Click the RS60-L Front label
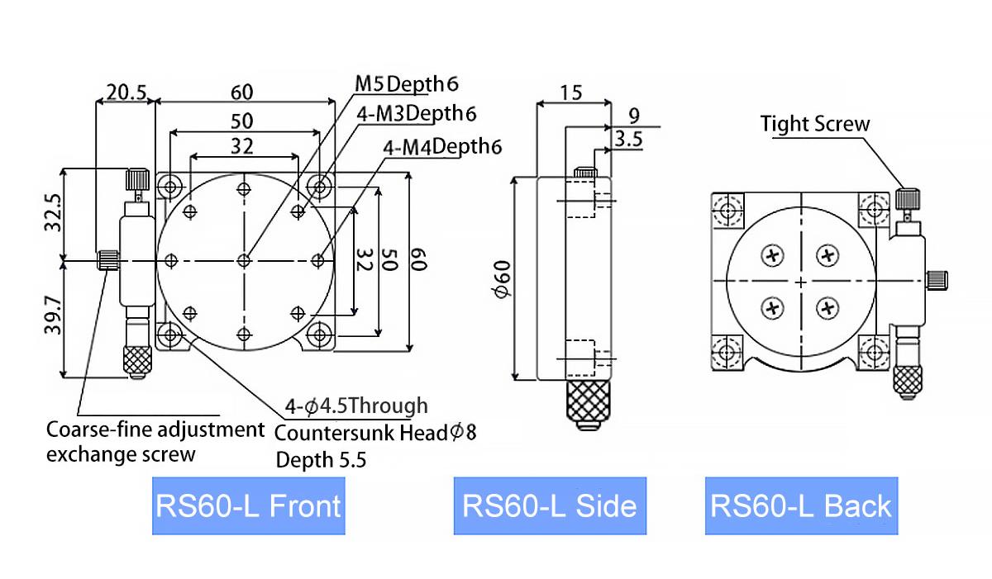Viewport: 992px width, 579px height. pyautogui.click(x=248, y=505)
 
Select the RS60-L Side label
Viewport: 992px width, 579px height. pyautogui.click(x=550, y=505)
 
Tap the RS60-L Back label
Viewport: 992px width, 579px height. pyautogui.click(x=801, y=505)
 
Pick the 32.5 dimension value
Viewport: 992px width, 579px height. pyautogui.click(x=53, y=214)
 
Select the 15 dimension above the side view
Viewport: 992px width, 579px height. pyautogui.click(x=571, y=91)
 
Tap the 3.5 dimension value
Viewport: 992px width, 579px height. pyautogui.click(x=629, y=140)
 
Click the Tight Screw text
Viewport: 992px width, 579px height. pyautogui.click(x=815, y=125)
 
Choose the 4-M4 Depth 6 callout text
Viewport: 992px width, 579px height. pyautogui.click(x=443, y=147)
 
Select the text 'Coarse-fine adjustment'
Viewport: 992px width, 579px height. pyautogui.click(x=155, y=430)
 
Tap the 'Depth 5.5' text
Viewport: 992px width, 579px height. pyautogui.click(x=321, y=460)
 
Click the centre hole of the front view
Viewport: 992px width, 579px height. pyautogui.click(x=244, y=261)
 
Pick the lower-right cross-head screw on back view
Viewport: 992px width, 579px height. pyautogui.click(x=827, y=308)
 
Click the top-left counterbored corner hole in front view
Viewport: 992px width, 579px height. pyautogui.click(x=170, y=184)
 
